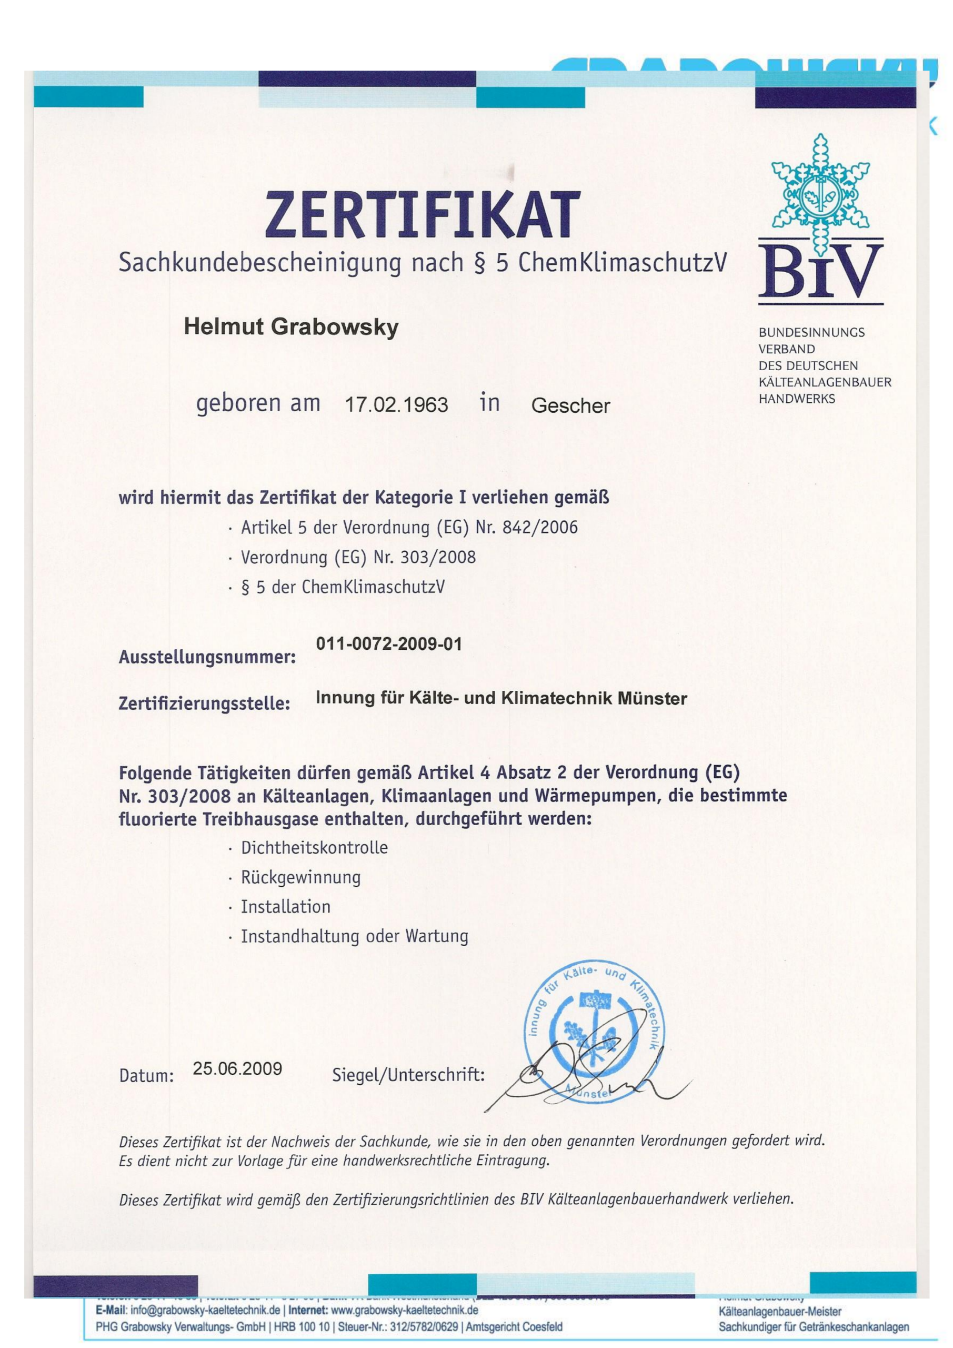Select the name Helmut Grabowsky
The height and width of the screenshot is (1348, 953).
[291, 327]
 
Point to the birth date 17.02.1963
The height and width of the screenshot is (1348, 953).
[397, 405]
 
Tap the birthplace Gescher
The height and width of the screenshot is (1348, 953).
[570, 405]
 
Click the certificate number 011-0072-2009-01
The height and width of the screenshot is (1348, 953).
[389, 644]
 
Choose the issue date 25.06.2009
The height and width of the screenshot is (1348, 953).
[237, 1068]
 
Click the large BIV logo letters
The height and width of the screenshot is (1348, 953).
[820, 271]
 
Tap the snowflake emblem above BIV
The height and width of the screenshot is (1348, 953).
[820, 182]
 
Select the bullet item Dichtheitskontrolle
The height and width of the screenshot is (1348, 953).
[314, 848]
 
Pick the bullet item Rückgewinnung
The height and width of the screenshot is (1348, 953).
[300, 878]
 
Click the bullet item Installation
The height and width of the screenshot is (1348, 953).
[286, 907]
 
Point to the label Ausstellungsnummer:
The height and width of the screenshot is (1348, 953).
[207, 657]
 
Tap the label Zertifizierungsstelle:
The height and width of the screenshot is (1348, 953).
[205, 703]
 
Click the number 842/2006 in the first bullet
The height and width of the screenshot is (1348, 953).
[540, 527]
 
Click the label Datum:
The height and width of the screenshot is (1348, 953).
[147, 1076]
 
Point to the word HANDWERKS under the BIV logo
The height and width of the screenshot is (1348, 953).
[796, 399]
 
